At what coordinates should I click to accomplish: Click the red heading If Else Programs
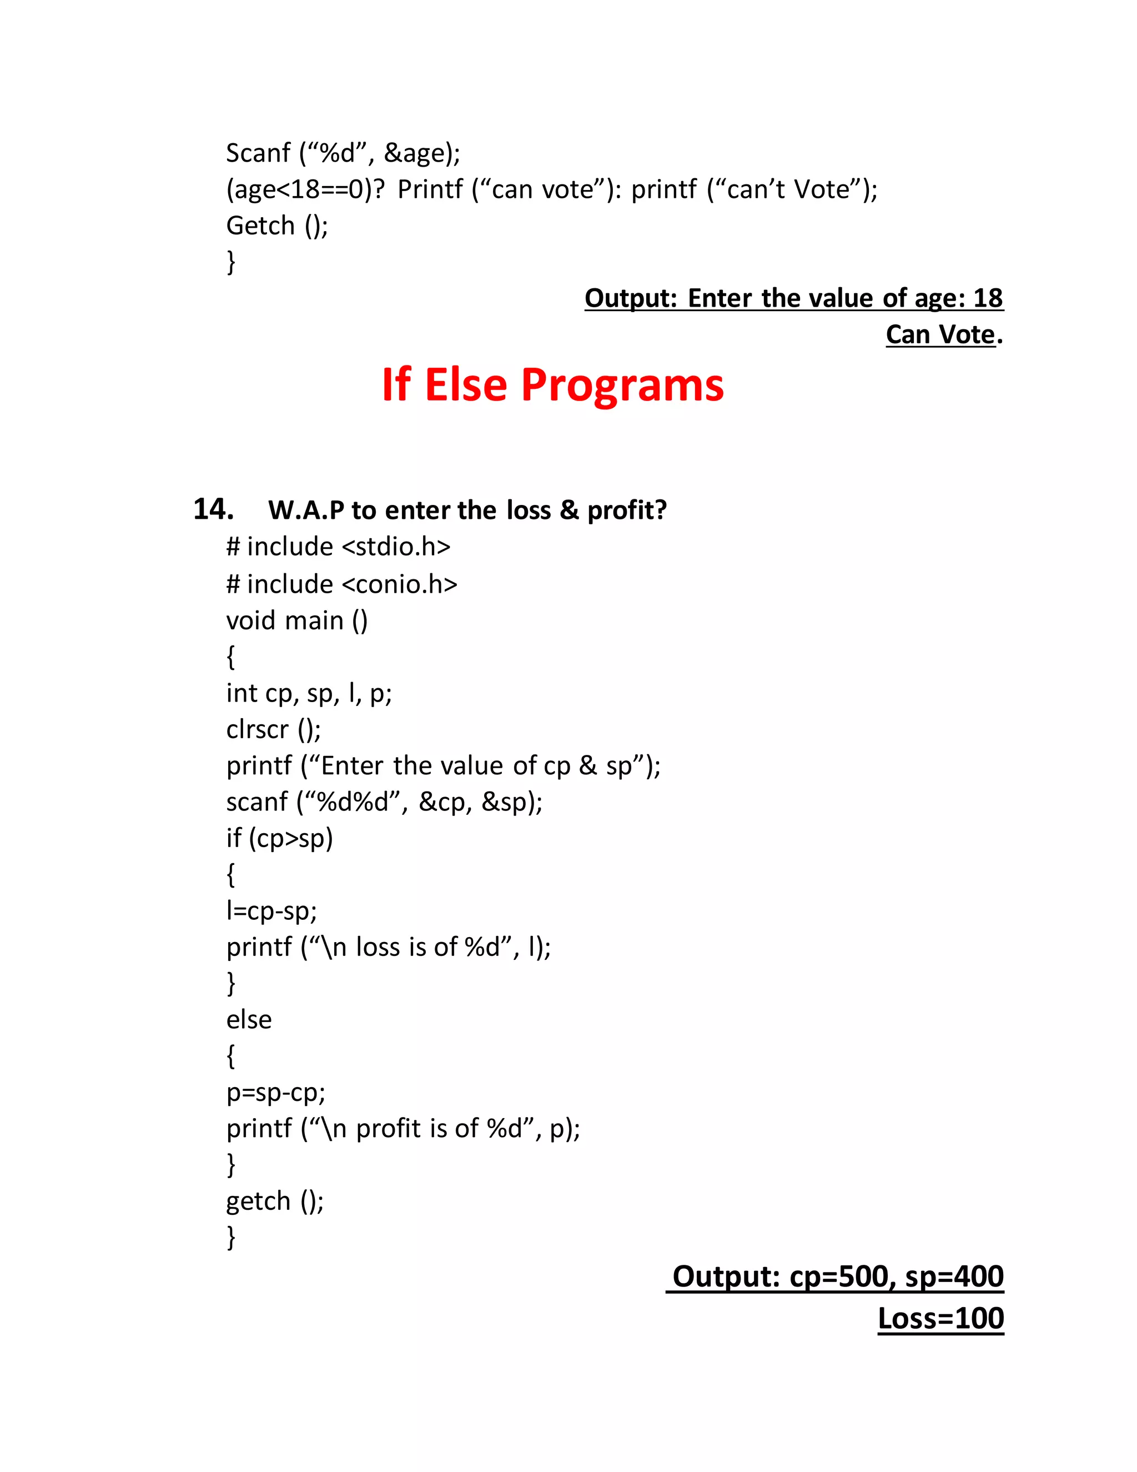tap(552, 385)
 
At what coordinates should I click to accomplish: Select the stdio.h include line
tap(338, 547)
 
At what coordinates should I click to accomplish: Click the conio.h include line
tap(341, 584)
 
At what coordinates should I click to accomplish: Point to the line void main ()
tap(297, 620)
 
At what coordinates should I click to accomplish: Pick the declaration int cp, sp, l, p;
tap(309, 693)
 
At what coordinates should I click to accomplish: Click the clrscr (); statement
tap(274, 729)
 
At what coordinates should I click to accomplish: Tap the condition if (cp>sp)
tap(280, 838)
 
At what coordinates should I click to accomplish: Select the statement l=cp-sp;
tap(271, 911)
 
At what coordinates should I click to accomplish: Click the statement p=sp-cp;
tap(275, 1092)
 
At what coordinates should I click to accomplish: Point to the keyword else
tap(249, 1020)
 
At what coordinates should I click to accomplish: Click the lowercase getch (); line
tap(275, 1201)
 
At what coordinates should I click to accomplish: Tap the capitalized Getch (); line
tap(277, 226)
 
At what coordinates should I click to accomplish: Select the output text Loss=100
tap(940, 1318)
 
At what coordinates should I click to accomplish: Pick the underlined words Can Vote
tap(940, 335)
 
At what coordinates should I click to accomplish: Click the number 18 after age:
tap(988, 298)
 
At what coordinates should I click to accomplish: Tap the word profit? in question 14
tap(626, 511)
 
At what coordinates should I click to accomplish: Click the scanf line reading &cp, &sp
tap(384, 802)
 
